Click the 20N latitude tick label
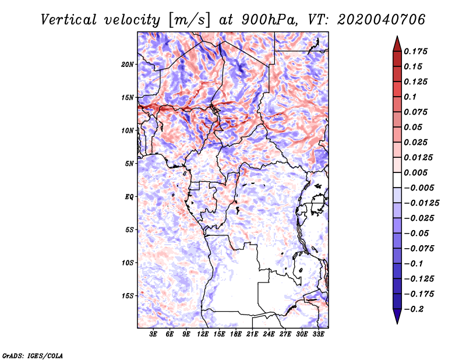click(x=128, y=64)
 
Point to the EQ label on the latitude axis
click(x=129, y=196)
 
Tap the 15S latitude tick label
click(x=128, y=295)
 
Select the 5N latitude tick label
click(x=129, y=164)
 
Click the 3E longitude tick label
click(x=153, y=335)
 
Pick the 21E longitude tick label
click(x=252, y=335)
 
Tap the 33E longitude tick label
click(x=318, y=335)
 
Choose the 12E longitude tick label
click(x=203, y=335)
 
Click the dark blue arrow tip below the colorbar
click(x=397, y=319)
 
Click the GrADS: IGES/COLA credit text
click(x=32, y=355)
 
